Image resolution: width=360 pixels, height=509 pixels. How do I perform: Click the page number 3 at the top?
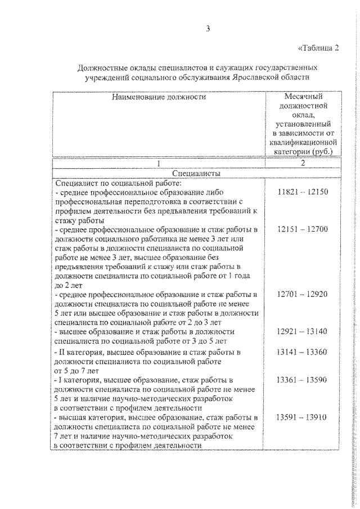(208, 29)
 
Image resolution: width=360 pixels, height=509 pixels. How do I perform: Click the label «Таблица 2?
(317, 47)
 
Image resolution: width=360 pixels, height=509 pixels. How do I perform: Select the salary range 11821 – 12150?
(303, 192)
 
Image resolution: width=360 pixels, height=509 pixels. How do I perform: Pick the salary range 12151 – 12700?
(303, 229)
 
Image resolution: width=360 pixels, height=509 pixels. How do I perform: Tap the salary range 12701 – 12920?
(303, 294)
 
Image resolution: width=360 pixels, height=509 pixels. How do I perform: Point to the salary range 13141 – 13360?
(303, 352)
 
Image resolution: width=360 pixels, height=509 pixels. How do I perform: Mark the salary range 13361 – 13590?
(303, 380)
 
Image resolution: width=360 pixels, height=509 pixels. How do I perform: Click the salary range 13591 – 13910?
(303, 417)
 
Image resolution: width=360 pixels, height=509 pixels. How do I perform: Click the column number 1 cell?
(159, 164)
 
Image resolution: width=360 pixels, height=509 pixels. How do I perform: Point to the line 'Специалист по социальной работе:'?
(118, 183)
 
